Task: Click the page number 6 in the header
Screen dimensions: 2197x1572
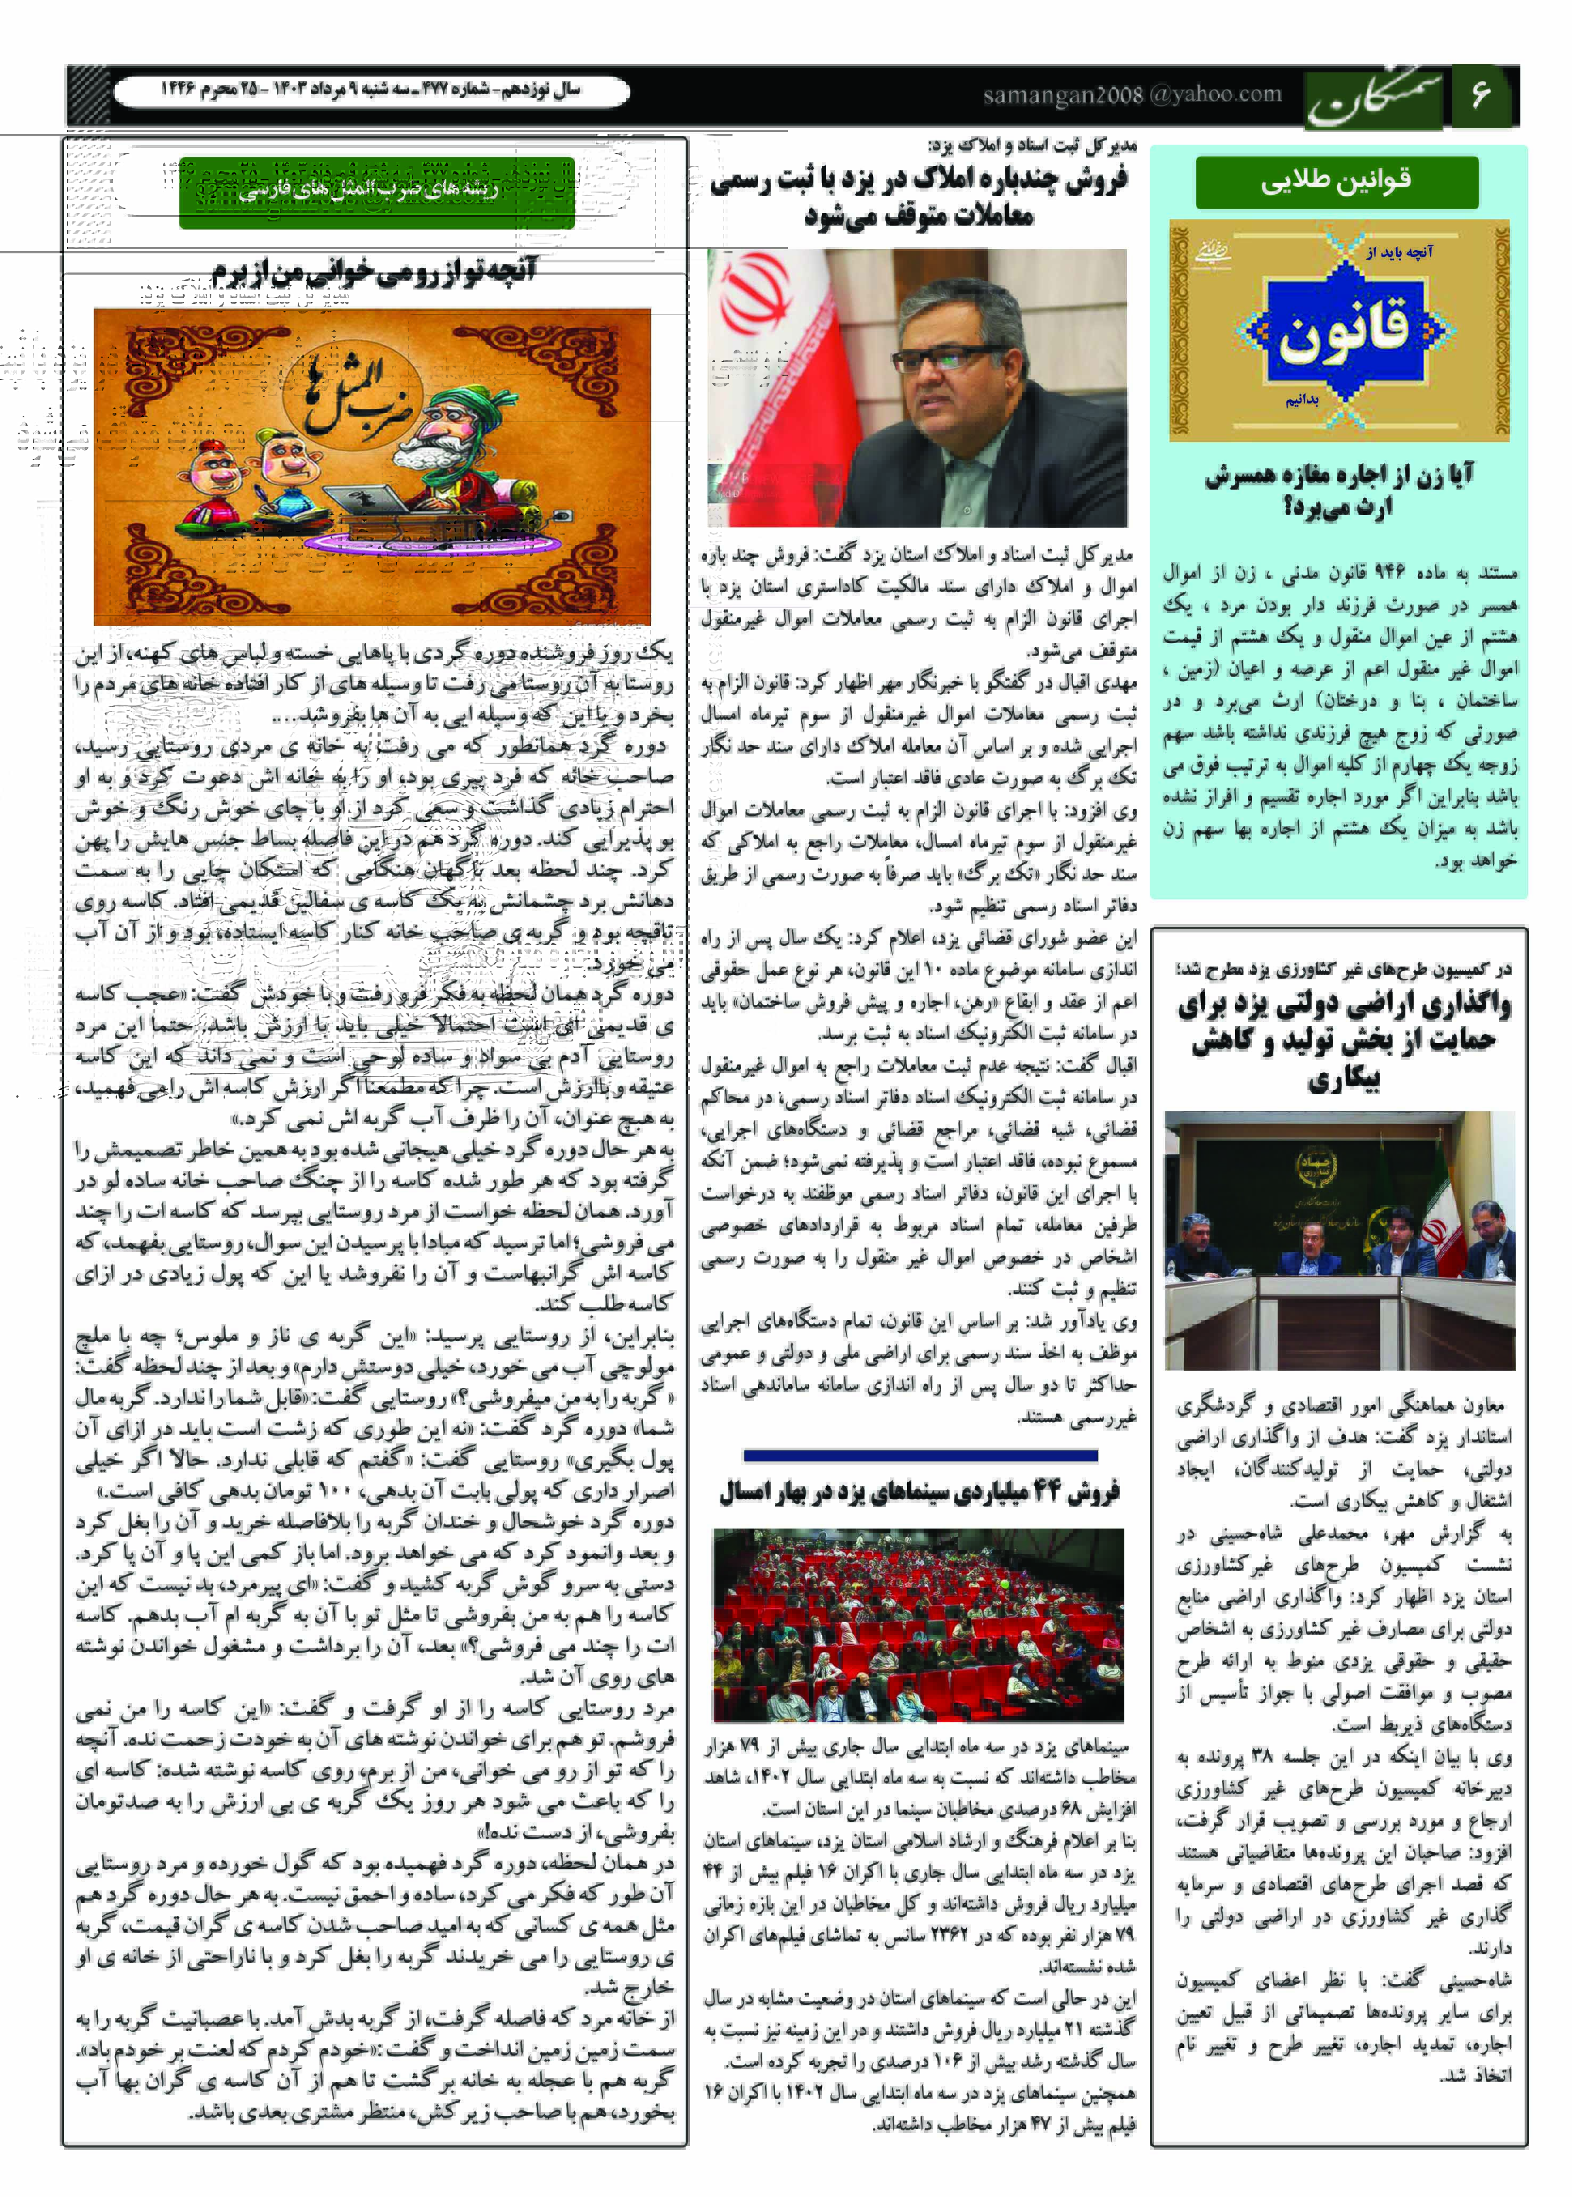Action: (1479, 95)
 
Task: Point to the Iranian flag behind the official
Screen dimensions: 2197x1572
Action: (764, 368)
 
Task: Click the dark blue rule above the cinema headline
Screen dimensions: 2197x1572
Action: (919, 1455)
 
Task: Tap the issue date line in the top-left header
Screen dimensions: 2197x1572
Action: (370, 91)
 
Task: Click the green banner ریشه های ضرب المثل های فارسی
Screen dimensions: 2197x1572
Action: (376, 192)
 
